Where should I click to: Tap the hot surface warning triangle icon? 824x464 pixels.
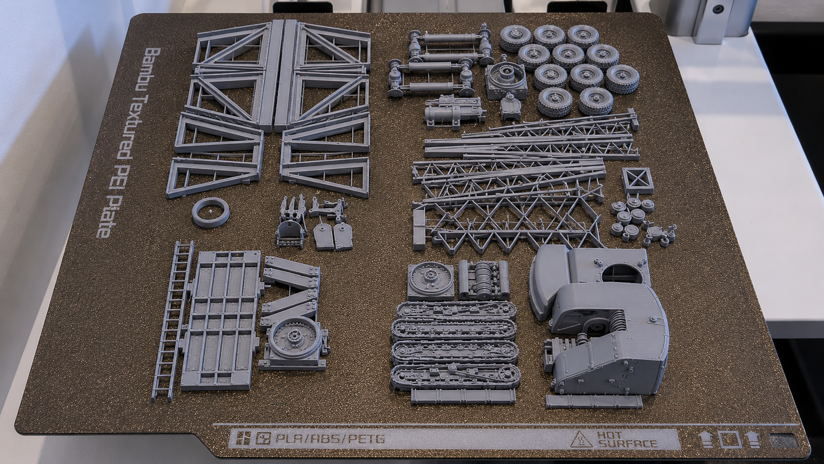[x=582, y=439]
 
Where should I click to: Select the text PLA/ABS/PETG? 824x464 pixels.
[x=330, y=439]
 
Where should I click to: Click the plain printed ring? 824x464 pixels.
[x=210, y=212]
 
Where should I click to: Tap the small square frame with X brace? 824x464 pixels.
[x=638, y=181]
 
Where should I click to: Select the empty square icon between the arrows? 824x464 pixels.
[x=730, y=439]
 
